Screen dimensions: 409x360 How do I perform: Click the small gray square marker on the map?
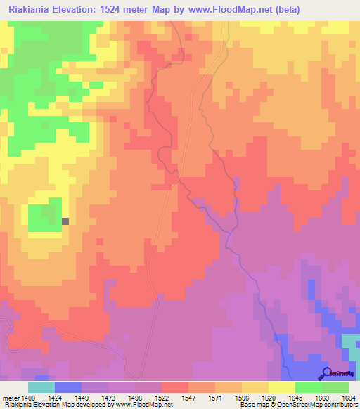[x=65, y=221]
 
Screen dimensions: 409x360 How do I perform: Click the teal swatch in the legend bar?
[x=41, y=387]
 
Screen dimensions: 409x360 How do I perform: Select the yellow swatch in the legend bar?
[x=282, y=387]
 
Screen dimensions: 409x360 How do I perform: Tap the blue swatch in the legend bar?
[x=68, y=387]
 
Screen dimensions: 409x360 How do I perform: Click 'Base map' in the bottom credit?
[x=254, y=405]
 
